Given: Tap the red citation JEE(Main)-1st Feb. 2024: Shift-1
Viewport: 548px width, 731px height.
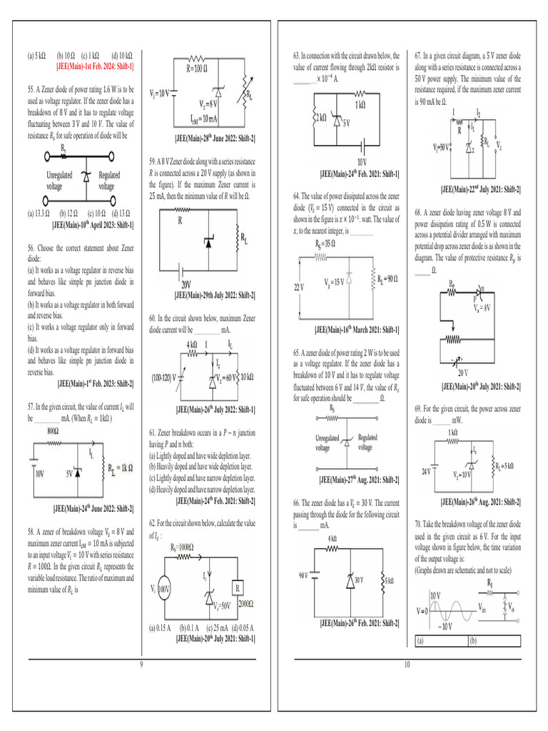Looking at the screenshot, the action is pyautogui.click(x=95, y=66).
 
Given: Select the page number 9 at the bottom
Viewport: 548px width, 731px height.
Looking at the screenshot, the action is pyautogui.click(x=141, y=665).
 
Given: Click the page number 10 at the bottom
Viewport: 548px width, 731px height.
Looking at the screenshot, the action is pyautogui.click(x=407, y=665).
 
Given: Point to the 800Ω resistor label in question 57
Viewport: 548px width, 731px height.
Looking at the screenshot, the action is pyautogui.click(x=53, y=432).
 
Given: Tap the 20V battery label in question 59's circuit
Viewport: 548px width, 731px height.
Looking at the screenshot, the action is pyautogui.click(x=186, y=284).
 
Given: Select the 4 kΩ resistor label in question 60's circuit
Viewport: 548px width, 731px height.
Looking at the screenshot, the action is pyautogui.click(x=192, y=345).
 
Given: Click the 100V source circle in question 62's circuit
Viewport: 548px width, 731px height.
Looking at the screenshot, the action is pyautogui.click(x=164, y=590).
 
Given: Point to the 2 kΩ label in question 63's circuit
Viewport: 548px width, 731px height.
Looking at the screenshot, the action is pyautogui.click(x=319, y=116).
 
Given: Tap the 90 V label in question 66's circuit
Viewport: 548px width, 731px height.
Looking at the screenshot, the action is pyautogui.click(x=303, y=574).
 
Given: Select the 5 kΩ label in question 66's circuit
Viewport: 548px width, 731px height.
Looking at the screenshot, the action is pyautogui.click(x=389, y=580).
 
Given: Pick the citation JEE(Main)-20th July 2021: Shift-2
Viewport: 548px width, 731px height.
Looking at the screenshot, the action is pyautogui.click(x=480, y=386).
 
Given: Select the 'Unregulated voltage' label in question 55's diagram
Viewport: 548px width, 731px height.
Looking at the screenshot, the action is pyautogui.click(x=59, y=181).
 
